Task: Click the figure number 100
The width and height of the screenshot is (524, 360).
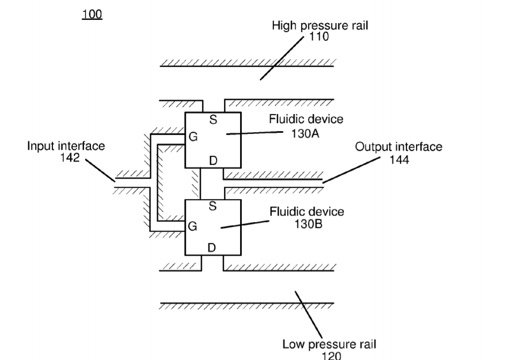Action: click(92, 14)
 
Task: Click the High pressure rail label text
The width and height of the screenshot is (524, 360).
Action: click(312, 25)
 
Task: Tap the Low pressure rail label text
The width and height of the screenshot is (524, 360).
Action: click(329, 344)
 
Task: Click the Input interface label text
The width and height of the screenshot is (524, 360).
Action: click(66, 145)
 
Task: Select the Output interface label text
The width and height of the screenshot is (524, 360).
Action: click(399, 147)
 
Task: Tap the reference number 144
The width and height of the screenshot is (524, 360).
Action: click(399, 158)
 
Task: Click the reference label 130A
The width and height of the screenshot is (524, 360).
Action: click(305, 134)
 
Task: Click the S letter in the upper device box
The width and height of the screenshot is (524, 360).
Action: click(213, 120)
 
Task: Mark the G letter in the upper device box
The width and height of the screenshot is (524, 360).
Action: click(194, 137)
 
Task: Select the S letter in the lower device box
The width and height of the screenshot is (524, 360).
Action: click(212, 206)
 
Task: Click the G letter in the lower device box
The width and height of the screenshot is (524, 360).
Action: click(192, 227)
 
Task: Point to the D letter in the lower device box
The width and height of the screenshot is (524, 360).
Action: click(212, 247)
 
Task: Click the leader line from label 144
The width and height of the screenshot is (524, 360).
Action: click(351, 170)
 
